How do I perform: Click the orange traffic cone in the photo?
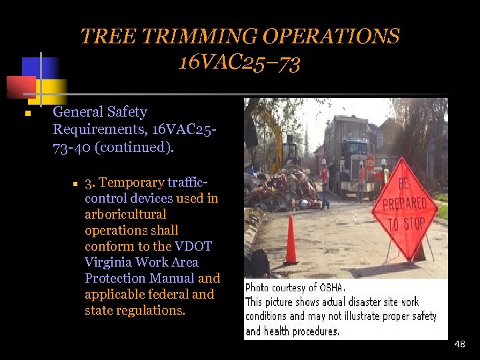[x=291, y=239]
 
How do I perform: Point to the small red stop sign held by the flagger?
[x=370, y=162]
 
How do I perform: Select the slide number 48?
[x=459, y=344]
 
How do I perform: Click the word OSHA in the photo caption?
[x=330, y=288]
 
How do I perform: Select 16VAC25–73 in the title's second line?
[x=239, y=63]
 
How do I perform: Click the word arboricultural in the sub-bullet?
[x=125, y=214]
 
